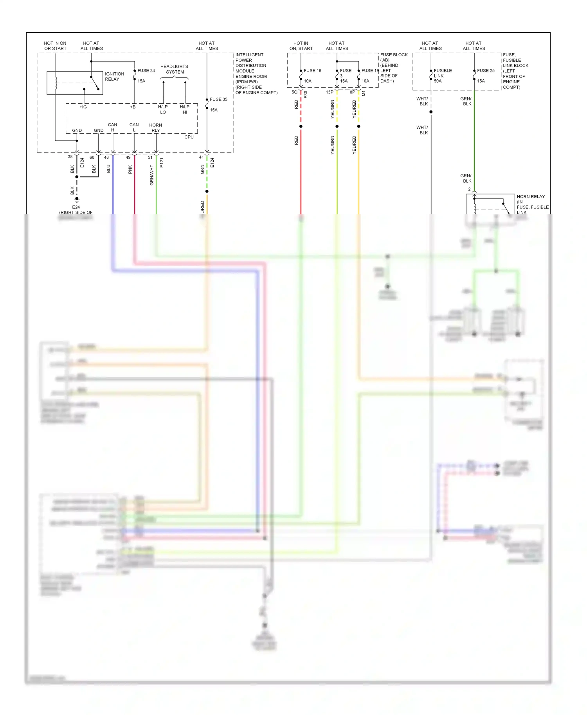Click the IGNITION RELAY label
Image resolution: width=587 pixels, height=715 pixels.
click(114, 76)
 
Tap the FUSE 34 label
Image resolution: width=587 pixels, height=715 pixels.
click(146, 71)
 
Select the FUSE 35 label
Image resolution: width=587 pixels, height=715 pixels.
click(218, 99)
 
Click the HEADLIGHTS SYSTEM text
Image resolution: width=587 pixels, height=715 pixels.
click(174, 69)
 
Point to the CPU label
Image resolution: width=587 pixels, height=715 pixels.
click(189, 137)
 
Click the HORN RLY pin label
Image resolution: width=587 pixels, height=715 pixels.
click(155, 128)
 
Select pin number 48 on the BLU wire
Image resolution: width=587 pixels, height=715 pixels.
click(106, 157)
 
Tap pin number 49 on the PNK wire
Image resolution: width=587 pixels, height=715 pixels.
click(128, 157)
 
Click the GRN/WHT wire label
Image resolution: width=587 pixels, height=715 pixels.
click(151, 175)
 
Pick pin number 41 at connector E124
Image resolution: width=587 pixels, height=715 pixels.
click(201, 157)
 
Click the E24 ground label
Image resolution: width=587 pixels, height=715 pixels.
click(76, 207)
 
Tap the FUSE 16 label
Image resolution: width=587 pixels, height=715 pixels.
click(312, 71)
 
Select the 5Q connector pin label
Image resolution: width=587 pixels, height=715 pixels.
click(294, 92)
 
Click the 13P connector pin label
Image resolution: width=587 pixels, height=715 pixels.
click(330, 92)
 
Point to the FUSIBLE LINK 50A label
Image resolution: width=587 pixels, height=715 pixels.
click(442, 76)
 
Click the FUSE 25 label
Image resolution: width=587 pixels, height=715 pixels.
click(486, 71)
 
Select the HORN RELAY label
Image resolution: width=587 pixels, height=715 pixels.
click(531, 197)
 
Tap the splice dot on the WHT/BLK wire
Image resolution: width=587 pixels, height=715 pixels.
click(431, 112)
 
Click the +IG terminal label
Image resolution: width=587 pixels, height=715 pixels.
click(83, 107)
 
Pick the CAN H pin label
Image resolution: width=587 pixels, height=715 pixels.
click(112, 128)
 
